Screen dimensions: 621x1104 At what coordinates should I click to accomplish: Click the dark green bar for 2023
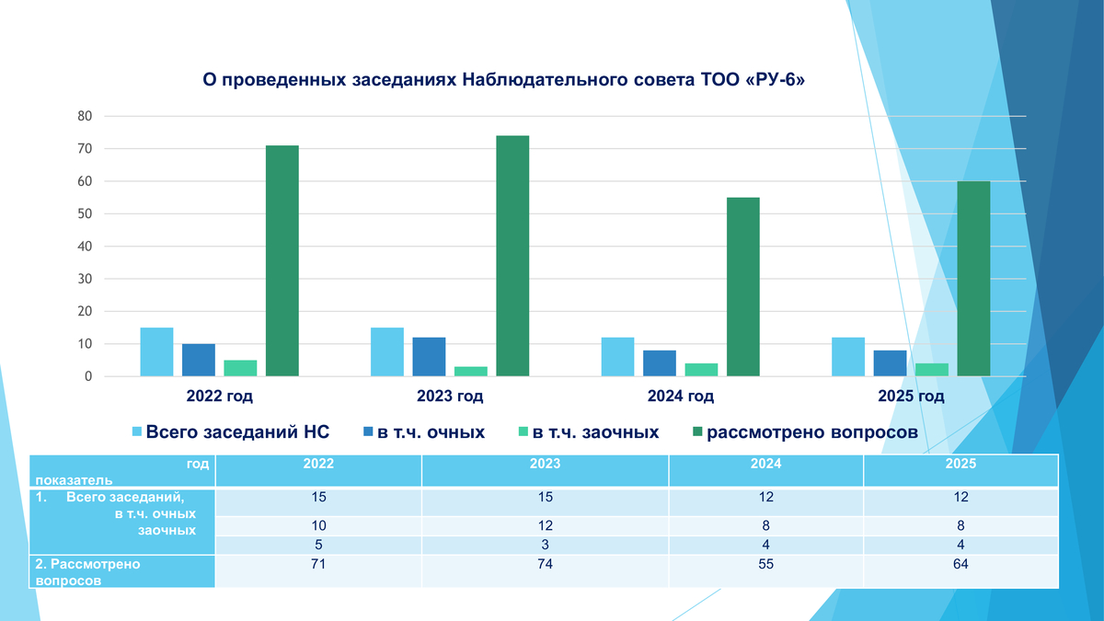pyautogui.click(x=512, y=256)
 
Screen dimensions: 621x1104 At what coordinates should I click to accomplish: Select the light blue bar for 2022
pyautogui.click(x=156, y=351)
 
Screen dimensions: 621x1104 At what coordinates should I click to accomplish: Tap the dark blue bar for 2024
pyautogui.click(x=660, y=362)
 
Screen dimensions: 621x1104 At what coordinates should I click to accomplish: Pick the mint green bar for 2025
pyautogui.click(x=932, y=369)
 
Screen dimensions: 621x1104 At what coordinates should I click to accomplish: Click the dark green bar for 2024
pyautogui.click(x=743, y=286)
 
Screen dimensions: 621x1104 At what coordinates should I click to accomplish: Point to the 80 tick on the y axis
pyautogui.click(x=85, y=116)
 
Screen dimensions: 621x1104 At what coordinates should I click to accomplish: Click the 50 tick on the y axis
pyautogui.click(x=85, y=213)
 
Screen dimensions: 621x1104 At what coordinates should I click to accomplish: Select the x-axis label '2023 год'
pyautogui.click(x=450, y=397)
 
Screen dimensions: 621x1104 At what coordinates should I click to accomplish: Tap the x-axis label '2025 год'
pyautogui.click(x=911, y=397)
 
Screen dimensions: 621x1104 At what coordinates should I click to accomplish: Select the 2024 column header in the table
pyautogui.click(x=765, y=465)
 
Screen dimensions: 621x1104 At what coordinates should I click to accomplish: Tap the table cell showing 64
pyautogui.click(x=960, y=564)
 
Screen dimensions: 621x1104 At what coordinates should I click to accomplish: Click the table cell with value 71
pyautogui.click(x=318, y=564)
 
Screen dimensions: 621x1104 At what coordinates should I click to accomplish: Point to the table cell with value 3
pyautogui.click(x=545, y=544)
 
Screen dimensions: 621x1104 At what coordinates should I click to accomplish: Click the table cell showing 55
pyautogui.click(x=765, y=564)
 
